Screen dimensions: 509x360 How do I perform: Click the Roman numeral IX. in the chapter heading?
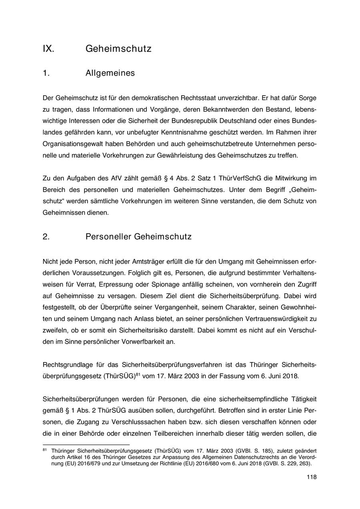[x=48, y=49]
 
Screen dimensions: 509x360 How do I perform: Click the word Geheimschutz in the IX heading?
[x=118, y=49]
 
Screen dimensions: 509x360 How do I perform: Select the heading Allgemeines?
[x=110, y=73]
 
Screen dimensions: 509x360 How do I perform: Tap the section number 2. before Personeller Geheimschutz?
[x=46, y=236]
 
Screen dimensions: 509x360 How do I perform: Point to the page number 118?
[x=312, y=477]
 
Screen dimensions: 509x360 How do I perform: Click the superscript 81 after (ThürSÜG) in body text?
[x=138, y=375]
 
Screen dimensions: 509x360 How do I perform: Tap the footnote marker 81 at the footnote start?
[x=45, y=450]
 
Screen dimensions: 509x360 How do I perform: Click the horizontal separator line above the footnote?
[x=86, y=444]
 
